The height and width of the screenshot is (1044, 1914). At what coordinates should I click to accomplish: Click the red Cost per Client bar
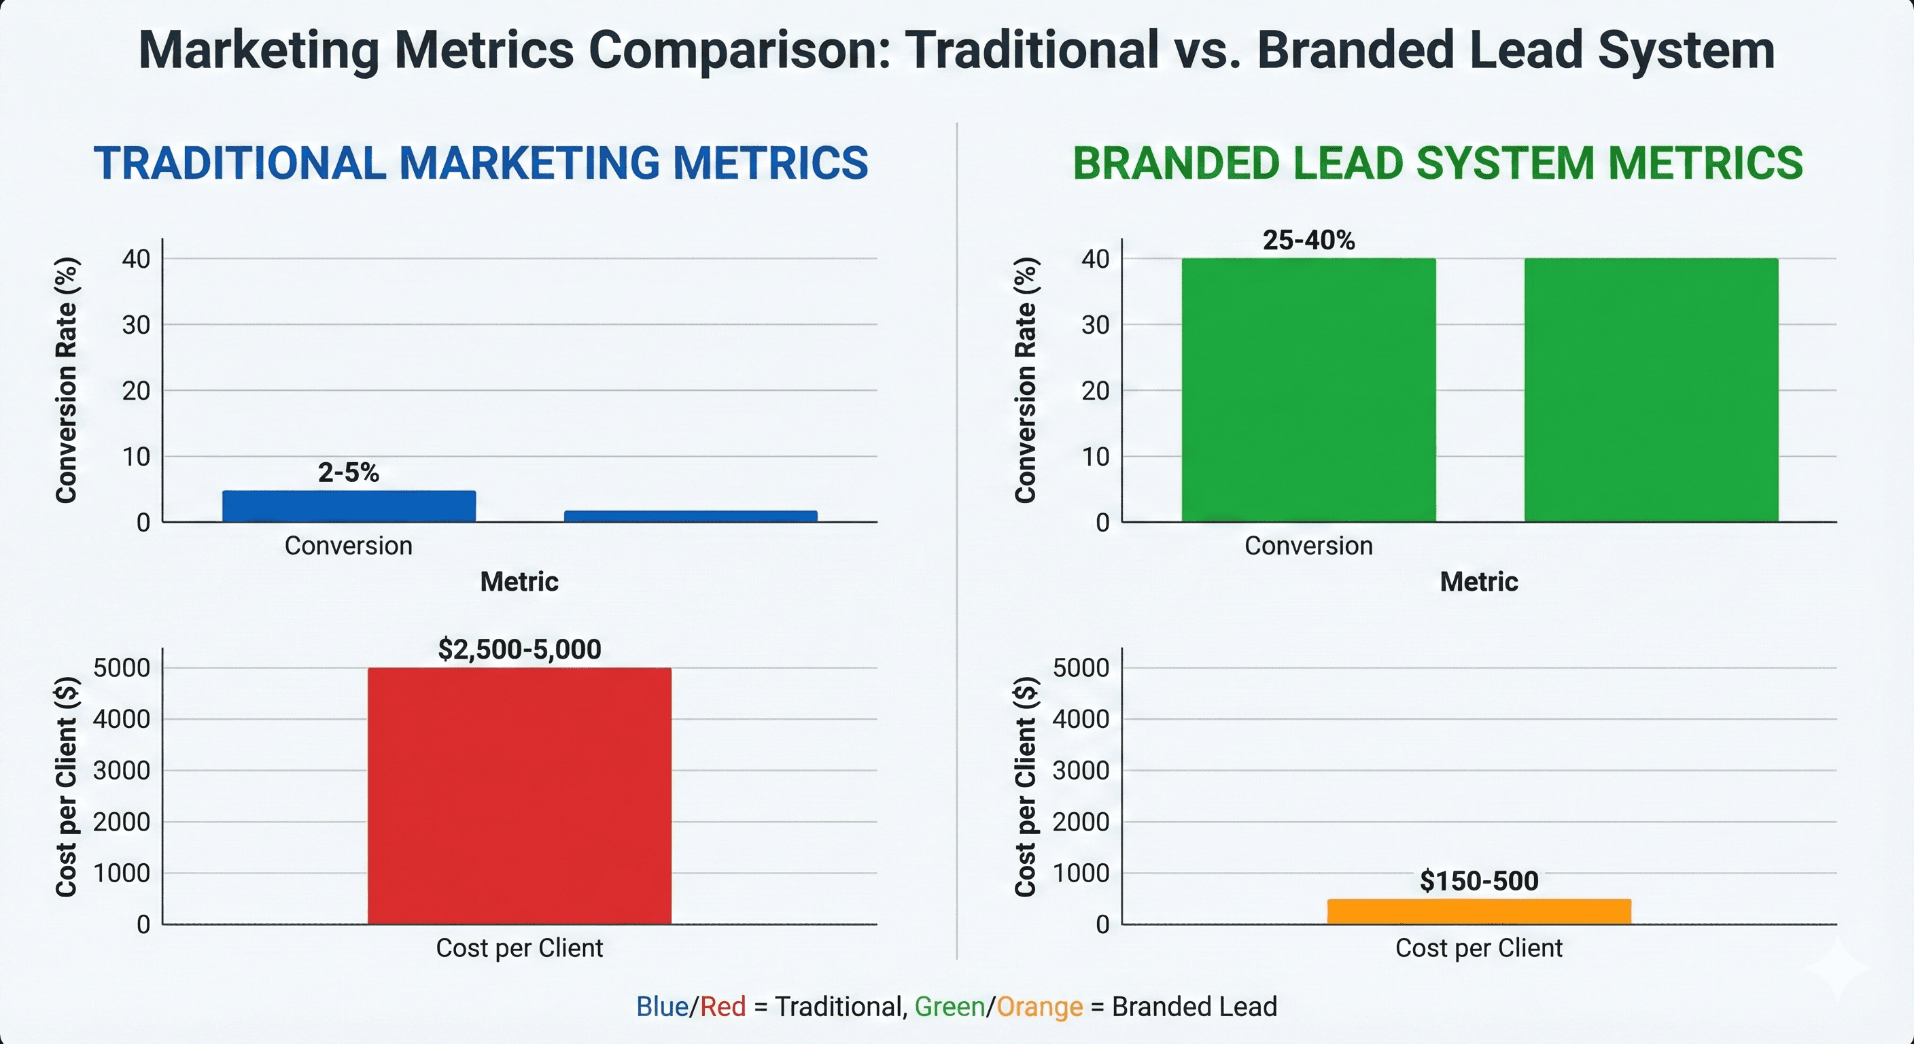[519, 795]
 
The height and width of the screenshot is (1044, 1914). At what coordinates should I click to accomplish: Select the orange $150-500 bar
[1478, 911]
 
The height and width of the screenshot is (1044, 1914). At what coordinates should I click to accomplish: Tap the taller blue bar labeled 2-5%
[349, 506]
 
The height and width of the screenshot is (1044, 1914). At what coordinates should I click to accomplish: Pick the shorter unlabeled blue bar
[691, 516]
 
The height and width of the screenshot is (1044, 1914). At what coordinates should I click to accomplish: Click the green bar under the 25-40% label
[1308, 390]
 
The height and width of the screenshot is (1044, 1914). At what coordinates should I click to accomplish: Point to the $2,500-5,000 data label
[519, 649]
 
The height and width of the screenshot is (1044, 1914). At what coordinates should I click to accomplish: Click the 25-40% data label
[1308, 240]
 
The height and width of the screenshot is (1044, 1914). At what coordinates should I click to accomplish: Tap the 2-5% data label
[349, 472]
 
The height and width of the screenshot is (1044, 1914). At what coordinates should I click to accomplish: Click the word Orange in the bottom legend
[1039, 1007]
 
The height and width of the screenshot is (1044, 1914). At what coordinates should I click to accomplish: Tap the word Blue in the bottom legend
[661, 1007]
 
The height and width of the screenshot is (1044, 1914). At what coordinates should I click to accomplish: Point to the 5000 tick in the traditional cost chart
[121, 668]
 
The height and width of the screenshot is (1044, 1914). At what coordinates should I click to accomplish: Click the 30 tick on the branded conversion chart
[1095, 325]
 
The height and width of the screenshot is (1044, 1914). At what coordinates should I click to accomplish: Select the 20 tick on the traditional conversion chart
[136, 391]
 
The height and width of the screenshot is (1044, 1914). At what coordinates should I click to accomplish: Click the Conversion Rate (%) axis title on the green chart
[1026, 380]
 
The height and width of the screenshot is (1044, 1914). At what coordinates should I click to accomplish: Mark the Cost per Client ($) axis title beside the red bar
[66, 786]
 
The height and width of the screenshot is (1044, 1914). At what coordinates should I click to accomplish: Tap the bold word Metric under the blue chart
[519, 582]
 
